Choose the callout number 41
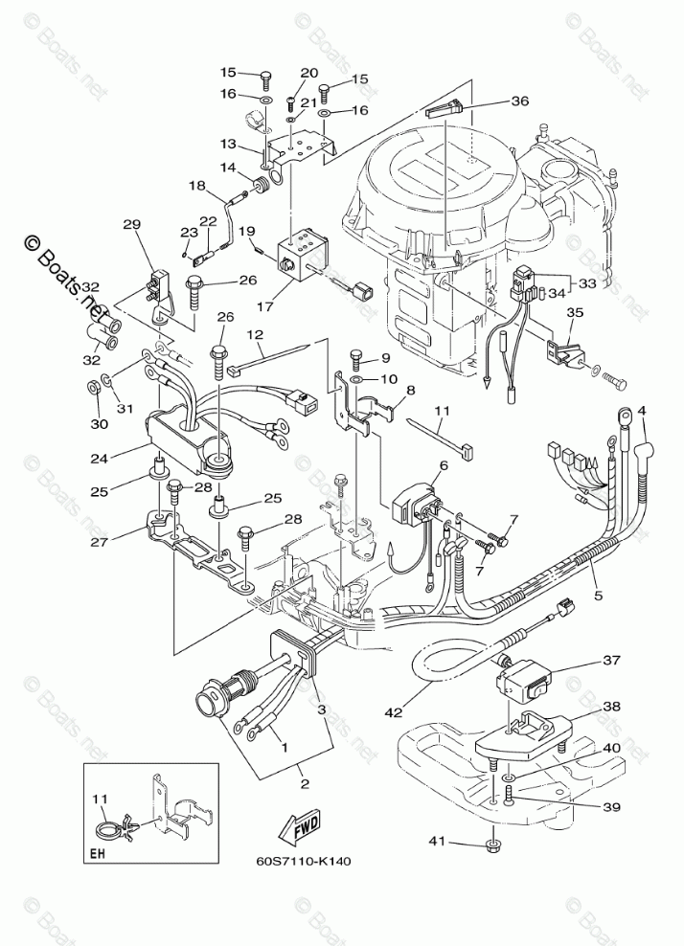[x=437, y=842]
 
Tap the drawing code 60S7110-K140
[x=304, y=860]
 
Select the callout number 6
[x=444, y=466]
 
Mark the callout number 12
[x=255, y=334]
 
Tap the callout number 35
[x=574, y=312]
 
